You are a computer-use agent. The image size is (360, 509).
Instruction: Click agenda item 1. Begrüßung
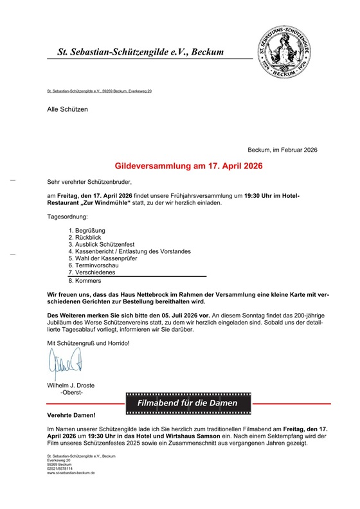87,230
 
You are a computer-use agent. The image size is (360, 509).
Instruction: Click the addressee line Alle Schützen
67,110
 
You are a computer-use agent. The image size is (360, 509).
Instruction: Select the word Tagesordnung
67,217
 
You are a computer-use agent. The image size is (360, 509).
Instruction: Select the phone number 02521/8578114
60,469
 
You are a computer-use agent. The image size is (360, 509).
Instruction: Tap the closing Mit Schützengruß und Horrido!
88,343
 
